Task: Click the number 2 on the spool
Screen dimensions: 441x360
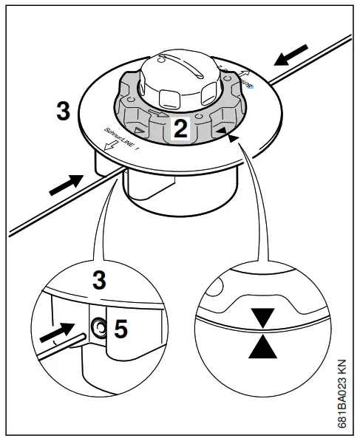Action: [180, 129]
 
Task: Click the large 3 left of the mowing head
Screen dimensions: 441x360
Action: [64, 112]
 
